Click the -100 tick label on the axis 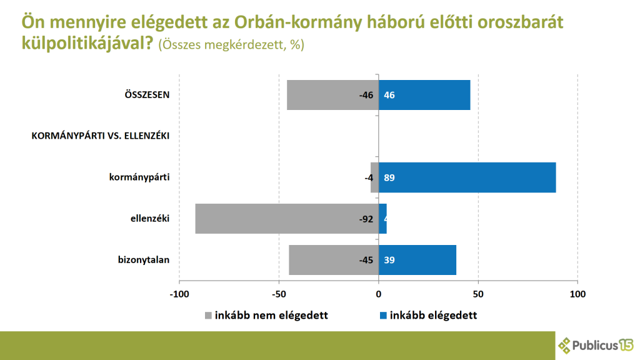pos(179,294)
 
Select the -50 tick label pos(279,294)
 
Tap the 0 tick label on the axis pos(379,294)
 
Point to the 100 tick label pos(577,294)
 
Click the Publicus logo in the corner pos(596,344)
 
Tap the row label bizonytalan pos(144,260)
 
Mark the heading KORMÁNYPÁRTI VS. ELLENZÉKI pos(101,136)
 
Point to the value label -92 pos(366,219)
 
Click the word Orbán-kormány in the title pos(294,24)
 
